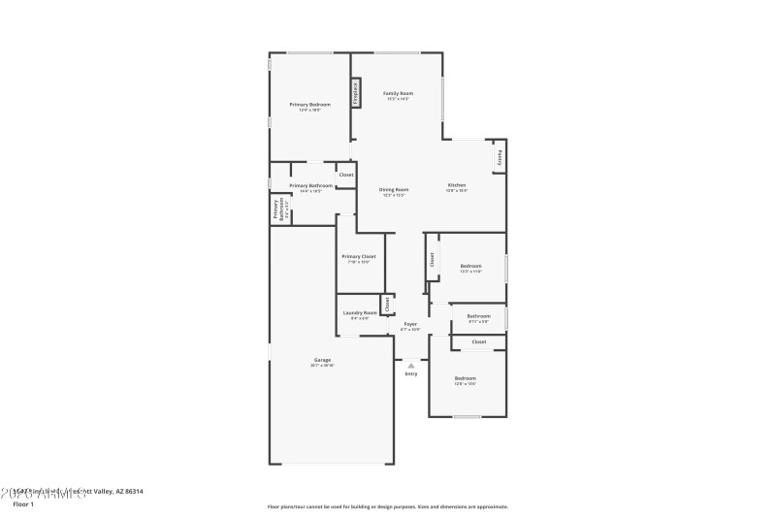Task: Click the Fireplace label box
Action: (356, 94)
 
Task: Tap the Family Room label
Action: (398, 95)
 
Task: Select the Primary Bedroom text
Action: (309, 106)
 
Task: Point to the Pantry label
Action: (500, 157)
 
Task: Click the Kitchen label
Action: (457, 186)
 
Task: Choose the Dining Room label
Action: (393, 191)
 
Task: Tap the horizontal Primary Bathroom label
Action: (310, 187)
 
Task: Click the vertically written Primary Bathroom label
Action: (279, 209)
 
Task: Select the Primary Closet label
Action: (358, 258)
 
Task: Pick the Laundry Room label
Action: (359, 314)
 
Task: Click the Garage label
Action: (322, 362)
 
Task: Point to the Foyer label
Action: (410, 326)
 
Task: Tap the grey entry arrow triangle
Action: (411, 365)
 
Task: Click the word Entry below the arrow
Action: (411, 373)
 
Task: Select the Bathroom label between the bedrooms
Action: (478, 317)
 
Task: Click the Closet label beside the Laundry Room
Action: (387, 304)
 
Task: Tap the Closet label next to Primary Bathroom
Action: (345, 175)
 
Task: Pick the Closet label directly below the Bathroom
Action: (479, 342)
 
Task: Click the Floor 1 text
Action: (22, 504)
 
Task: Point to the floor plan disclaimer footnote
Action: (387, 506)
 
